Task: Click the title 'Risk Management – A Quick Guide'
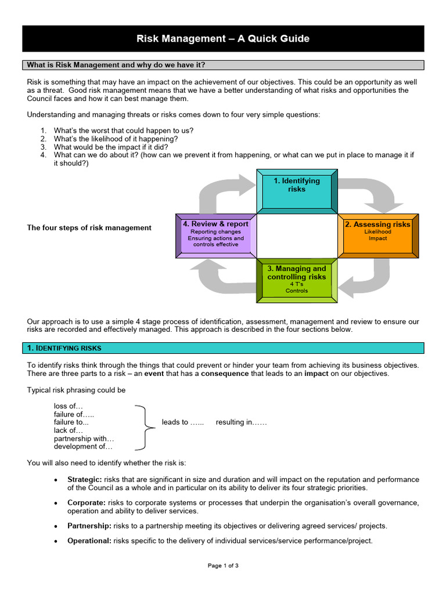click(223, 39)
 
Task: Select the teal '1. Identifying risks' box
click(297, 190)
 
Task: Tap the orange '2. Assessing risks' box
click(378, 235)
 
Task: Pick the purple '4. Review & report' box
click(215, 235)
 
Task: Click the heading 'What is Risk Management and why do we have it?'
click(116, 65)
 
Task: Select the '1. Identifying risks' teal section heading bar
click(223, 348)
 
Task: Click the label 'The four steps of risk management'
click(89, 228)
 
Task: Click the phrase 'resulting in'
click(241, 422)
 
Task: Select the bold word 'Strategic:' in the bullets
click(85, 480)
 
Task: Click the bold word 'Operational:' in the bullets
click(89, 541)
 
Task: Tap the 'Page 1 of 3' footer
click(223, 566)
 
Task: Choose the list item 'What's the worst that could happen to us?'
click(124, 131)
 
